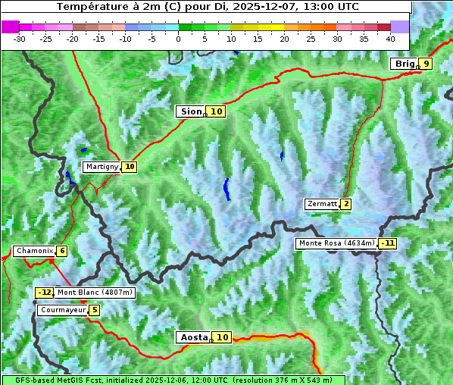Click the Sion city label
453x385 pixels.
click(190, 111)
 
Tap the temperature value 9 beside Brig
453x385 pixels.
click(426, 64)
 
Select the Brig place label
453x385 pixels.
click(405, 64)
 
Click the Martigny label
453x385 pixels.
click(102, 167)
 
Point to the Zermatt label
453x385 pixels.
click(322, 204)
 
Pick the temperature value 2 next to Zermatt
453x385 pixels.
click(346, 204)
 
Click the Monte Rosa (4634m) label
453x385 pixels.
click(336, 243)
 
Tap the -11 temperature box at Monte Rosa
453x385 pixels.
click(388, 243)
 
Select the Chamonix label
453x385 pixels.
click(34, 251)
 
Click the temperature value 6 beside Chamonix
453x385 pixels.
click(61, 251)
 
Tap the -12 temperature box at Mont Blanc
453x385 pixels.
click(45, 293)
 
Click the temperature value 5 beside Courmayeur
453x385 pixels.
click(94, 310)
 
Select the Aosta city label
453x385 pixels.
click(192, 337)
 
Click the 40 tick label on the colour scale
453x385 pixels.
click(390, 38)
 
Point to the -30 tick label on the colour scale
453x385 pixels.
click(20, 38)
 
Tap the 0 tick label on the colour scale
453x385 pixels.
click(179, 38)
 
